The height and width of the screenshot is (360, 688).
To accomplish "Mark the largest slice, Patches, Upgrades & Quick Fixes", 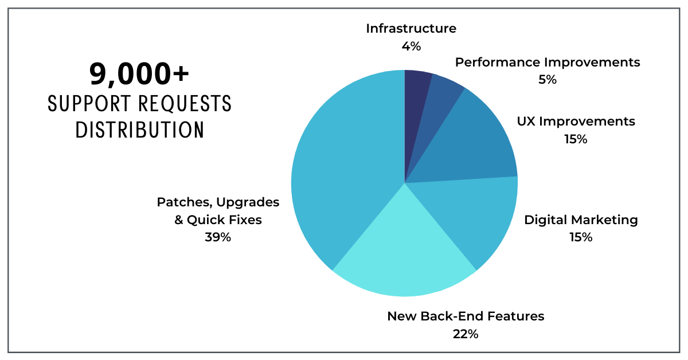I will (x=338, y=172).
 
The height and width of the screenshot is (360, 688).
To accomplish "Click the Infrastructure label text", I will (x=411, y=29).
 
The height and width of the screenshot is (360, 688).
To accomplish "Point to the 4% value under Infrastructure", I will (x=411, y=46).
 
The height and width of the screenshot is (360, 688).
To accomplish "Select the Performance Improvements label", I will (x=548, y=62).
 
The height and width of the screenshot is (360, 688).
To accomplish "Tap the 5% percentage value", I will (x=548, y=80).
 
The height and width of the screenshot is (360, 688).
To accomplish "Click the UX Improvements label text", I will (x=576, y=122).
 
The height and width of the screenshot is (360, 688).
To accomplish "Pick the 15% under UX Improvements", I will (x=576, y=139).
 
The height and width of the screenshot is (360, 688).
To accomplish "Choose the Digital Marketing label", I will (x=581, y=220).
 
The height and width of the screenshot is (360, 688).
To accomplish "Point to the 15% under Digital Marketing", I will (x=581, y=237).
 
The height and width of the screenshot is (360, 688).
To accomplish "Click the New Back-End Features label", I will (x=466, y=316).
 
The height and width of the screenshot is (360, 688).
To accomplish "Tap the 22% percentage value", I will (x=466, y=334).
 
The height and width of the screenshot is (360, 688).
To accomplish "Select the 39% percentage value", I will (x=218, y=237).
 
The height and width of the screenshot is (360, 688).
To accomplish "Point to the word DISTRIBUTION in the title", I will (x=139, y=130).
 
